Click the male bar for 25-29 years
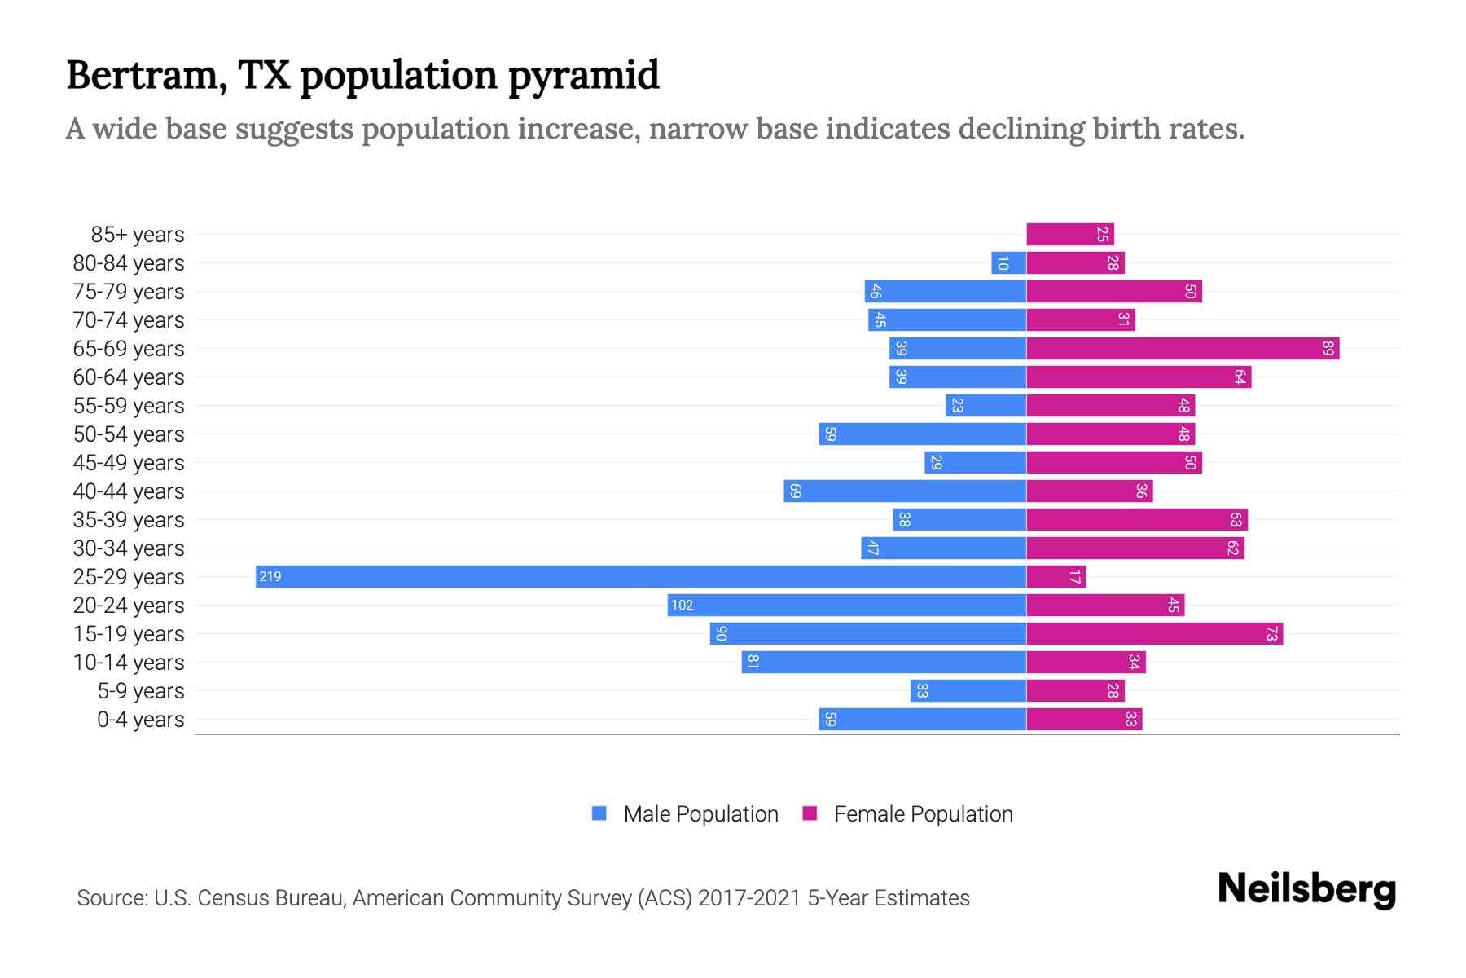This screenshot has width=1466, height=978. pyautogui.click(x=640, y=577)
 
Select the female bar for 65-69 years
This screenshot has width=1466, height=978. pyautogui.click(x=1183, y=349)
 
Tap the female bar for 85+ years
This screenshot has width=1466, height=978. pyautogui.click(x=1069, y=235)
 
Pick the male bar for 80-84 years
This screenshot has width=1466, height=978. pyautogui.click(x=1008, y=263)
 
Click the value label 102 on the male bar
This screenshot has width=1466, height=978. pyautogui.click(x=683, y=606)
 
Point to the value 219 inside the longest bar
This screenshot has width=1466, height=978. pyautogui.click(x=270, y=577)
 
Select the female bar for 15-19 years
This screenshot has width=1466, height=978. pyautogui.click(x=1154, y=634)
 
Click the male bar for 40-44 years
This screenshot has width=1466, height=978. pyautogui.click(x=904, y=491)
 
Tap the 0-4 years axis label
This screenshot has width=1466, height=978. pyautogui.click(x=140, y=720)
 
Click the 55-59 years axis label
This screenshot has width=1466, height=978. pyautogui.click(x=129, y=406)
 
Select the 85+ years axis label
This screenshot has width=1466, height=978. pyautogui.click(x=137, y=235)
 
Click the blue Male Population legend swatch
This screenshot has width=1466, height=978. pyautogui.click(x=599, y=813)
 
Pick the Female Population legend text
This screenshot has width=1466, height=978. pyautogui.click(x=923, y=814)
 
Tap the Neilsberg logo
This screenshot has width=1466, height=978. pyautogui.click(x=1306, y=889)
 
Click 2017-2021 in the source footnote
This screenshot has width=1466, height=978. pyautogui.click(x=749, y=898)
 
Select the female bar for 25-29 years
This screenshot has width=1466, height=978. pyautogui.click(x=1056, y=577)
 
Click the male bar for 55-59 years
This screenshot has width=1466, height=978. pyautogui.click(x=985, y=406)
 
